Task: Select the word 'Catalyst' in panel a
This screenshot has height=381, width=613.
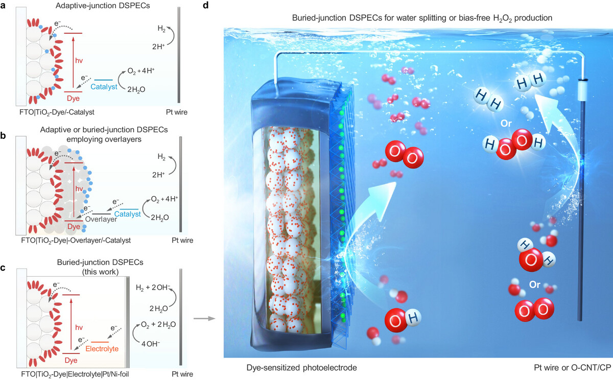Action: (x=104, y=87)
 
